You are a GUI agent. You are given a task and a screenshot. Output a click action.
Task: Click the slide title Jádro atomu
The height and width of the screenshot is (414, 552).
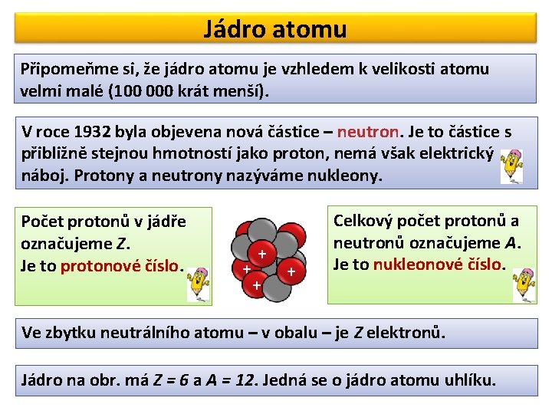click(275, 29)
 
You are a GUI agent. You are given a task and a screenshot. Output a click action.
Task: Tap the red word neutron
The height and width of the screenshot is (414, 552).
click(367, 131)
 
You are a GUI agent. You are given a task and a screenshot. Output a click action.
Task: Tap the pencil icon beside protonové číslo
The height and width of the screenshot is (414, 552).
click(199, 284)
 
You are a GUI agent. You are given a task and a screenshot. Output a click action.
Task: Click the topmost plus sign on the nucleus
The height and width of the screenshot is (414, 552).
click(262, 253)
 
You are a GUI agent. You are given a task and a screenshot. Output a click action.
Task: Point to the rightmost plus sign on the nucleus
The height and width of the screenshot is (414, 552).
click(291, 271)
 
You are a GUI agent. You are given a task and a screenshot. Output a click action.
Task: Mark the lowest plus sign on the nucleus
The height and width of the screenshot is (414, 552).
click(256, 286)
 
